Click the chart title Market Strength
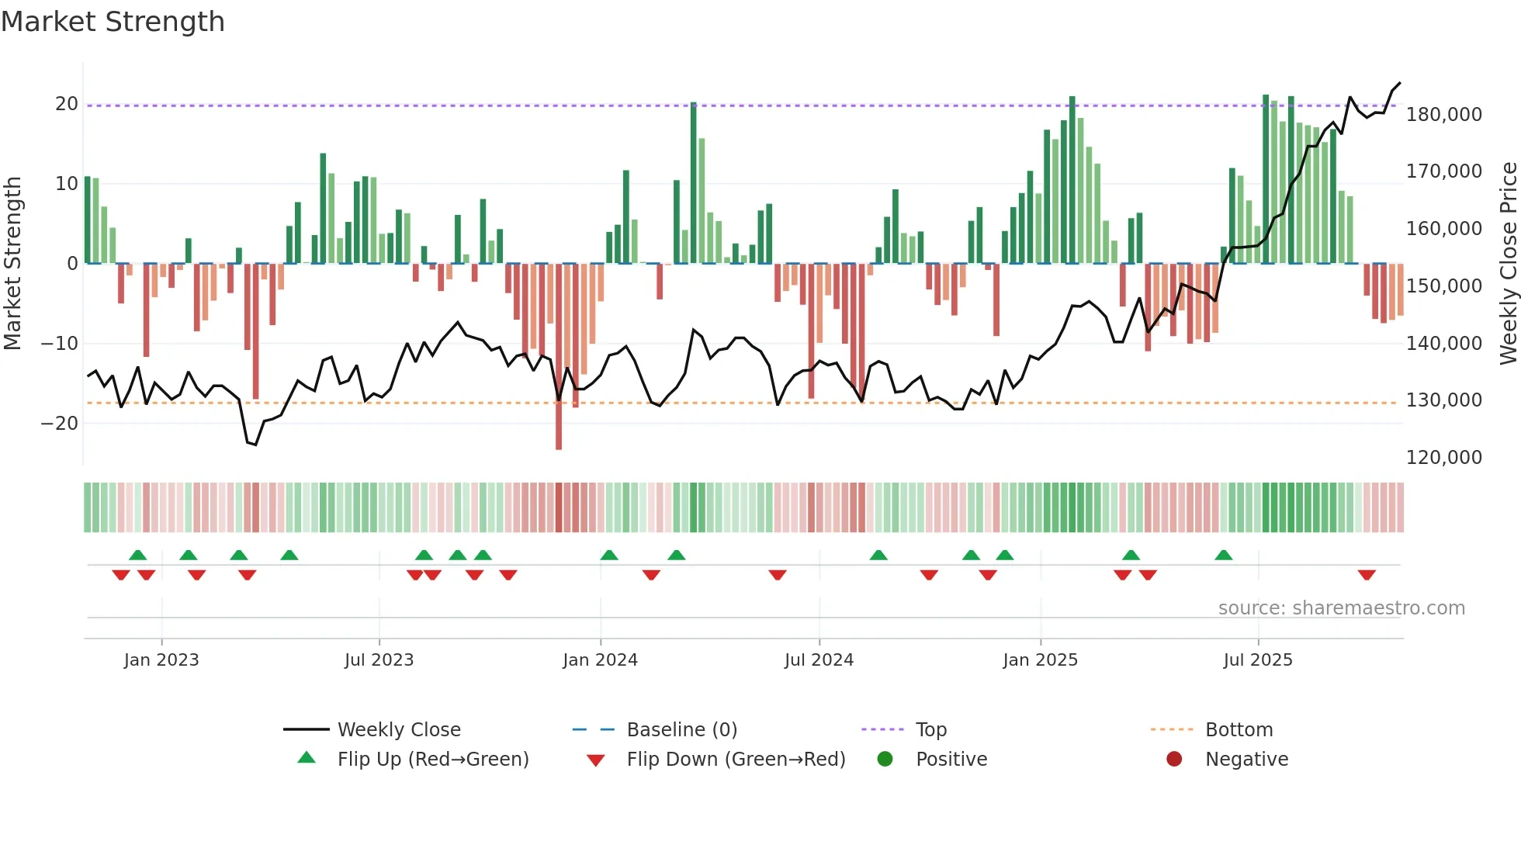113,22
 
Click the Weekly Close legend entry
398,729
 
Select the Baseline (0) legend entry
681,729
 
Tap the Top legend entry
930,729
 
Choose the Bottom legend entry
1239,729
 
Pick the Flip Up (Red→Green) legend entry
432,759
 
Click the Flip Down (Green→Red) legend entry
736,759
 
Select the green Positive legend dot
885,759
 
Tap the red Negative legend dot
1174,759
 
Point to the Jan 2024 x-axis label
600,659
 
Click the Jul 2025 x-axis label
1258,659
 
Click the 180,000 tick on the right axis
1443,114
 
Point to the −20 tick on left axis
60,423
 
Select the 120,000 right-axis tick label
1443,457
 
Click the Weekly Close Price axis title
1508,264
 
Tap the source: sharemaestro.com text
1341,607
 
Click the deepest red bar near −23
559,357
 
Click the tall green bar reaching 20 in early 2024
693,182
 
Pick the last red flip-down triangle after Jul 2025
1367,575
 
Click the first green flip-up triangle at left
137,555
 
